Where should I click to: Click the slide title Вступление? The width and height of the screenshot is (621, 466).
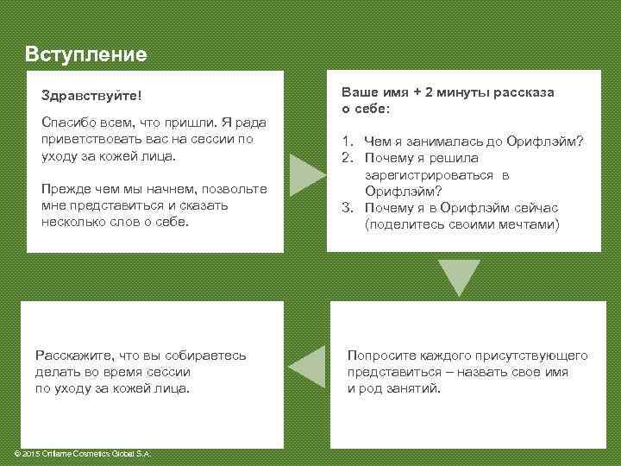tap(86, 54)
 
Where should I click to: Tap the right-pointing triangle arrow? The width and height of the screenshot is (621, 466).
tap(306, 175)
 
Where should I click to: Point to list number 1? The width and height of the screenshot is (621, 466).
tap(347, 142)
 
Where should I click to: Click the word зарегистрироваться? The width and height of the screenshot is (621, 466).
tap(436, 175)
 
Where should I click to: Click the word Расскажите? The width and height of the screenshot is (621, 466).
tap(75, 355)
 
